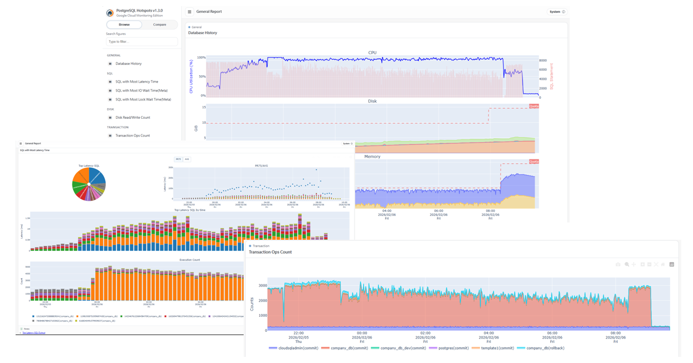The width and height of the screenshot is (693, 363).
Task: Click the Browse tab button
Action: (x=124, y=25)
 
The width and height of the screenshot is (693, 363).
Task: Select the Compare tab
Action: (x=159, y=25)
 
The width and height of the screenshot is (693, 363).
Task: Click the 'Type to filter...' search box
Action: (x=142, y=42)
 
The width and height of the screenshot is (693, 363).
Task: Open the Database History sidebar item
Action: (x=128, y=64)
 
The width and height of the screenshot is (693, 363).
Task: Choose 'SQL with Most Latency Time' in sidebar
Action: (x=137, y=81)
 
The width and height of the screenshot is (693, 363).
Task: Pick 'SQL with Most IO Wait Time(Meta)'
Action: (x=141, y=90)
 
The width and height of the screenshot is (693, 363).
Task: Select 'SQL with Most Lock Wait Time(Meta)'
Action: (x=143, y=99)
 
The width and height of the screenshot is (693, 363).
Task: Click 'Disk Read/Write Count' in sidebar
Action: (x=133, y=118)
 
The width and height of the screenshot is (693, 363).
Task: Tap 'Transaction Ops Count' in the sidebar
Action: (x=132, y=135)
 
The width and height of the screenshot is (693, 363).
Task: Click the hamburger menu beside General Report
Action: (x=190, y=12)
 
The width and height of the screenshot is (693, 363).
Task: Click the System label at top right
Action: (x=555, y=12)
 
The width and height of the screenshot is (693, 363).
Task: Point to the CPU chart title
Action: (x=372, y=53)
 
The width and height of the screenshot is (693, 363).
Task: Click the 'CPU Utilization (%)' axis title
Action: (x=191, y=76)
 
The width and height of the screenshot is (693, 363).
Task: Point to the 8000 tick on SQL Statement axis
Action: (x=542, y=60)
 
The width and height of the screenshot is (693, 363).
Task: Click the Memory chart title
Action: (x=372, y=157)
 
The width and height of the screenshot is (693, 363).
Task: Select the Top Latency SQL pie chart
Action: (x=89, y=184)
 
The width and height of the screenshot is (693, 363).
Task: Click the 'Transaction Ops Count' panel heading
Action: (x=270, y=252)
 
